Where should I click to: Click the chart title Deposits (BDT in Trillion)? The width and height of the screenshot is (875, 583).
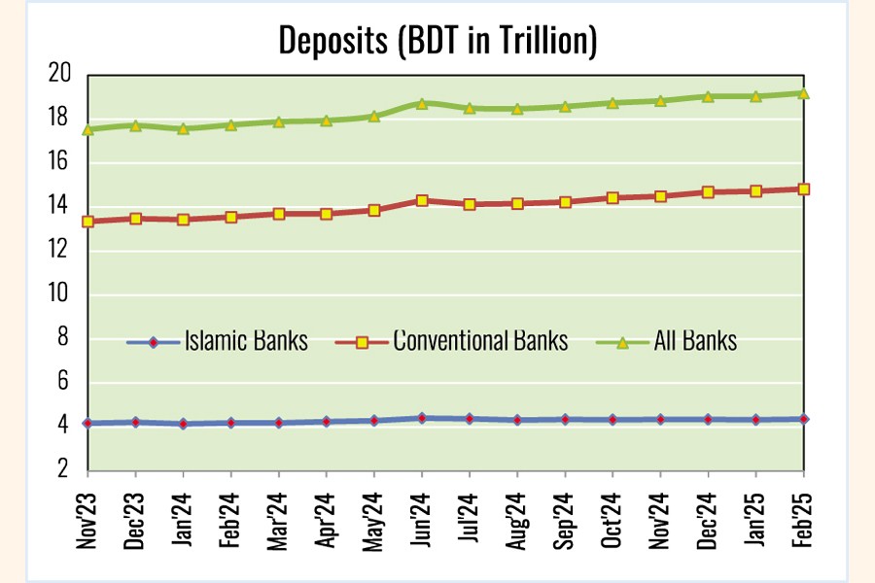pos(437,40)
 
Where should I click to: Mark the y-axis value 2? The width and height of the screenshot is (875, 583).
pos(65,470)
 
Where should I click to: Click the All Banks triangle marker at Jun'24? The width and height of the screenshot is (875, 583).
pos(422,103)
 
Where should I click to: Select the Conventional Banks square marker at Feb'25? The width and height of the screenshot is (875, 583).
pos(804,189)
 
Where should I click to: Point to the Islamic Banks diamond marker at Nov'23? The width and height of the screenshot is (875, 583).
pos(88,424)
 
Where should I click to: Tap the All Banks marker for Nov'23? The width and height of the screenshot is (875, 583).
pos(88,129)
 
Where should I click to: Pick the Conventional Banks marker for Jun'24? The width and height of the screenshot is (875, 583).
pos(422,200)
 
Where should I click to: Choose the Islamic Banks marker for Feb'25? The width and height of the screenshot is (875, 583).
pos(804,419)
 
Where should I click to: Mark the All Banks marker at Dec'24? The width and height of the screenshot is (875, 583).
pos(709,96)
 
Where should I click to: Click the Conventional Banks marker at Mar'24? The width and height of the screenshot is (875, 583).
pos(279,214)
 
